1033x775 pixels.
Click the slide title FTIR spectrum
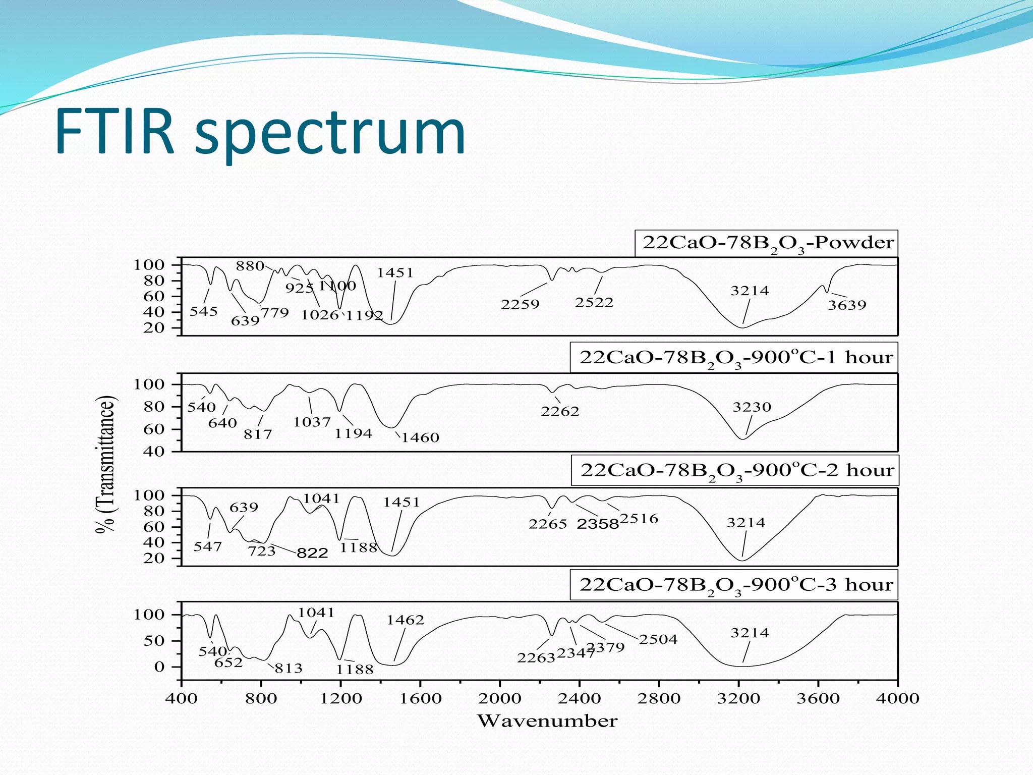click(x=260, y=133)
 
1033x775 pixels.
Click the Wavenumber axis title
click(x=547, y=721)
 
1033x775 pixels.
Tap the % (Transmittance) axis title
click(x=106, y=464)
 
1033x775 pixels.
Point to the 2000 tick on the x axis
click(x=499, y=698)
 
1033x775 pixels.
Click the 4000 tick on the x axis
click(x=897, y=698)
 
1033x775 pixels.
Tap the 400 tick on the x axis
click(x=181, y=698)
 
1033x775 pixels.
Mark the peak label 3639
click(x=847, y=305)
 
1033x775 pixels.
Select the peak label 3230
click(x=752, y=407)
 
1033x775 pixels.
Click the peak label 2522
click(x=594, y=303)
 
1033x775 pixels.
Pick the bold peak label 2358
click(x=598, y=524)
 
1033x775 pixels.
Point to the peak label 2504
click(x=658, y=640)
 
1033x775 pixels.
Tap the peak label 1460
click(x=420, y=437)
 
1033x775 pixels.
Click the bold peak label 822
click(x=312, y=553)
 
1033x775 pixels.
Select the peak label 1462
click(x=405, y=620)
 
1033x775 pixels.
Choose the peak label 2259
click(x=520, y=305)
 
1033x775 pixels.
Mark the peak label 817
click(x=258, y=434)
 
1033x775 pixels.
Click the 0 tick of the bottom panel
click(x=160, y=667)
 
